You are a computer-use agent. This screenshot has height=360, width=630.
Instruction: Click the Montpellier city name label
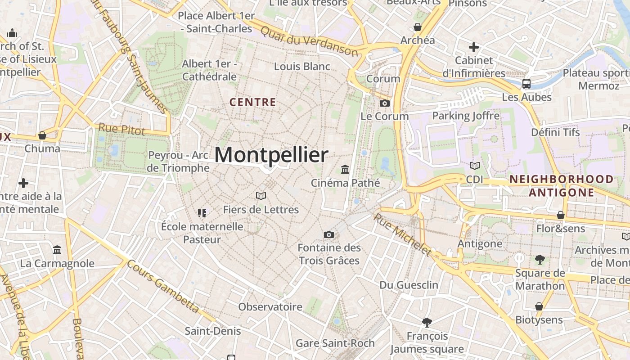pyautogui.click(x=271, y=155)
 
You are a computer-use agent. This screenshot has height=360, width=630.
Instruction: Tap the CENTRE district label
pyautogui.click(x=253, y=102)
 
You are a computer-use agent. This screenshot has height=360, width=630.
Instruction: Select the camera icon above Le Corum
pyautogui.click(x=384, y=103)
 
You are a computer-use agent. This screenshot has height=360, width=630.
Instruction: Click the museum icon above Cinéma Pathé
pyautogui.click(x=345, y=170)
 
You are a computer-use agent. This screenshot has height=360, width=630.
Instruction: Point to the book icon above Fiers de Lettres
pyautogui.click(x=261, y=196)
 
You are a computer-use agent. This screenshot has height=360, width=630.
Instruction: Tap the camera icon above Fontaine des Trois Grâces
pyautogui.click(x=329, y=234)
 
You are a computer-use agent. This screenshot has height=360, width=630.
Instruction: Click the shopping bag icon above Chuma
pyautogui.click(x=42, y=135)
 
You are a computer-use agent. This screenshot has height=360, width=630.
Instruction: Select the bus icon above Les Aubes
pyautogui.click(x=526, y=84)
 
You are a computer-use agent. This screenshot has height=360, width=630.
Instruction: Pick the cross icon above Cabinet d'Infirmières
pyautogui.click(x=473, y=47)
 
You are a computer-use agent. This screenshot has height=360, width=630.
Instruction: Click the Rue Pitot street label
pyautogui.click(x=121, y=130)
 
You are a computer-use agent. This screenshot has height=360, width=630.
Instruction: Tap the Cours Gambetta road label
pyautogui.click(x=163, y=286)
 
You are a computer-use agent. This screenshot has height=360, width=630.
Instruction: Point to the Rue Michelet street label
pyautogui.click(x=402, y=234)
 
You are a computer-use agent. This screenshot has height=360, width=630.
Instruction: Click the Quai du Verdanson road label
pyautogui.click(x=310, y=41)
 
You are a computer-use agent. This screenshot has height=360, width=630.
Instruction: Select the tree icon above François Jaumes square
pyautogui.click(x=427, y=322)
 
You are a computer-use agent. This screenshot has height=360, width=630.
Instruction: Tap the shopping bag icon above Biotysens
pyautogui.click(x=539, y=306)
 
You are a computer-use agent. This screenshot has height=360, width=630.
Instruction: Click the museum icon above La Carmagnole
pyautogui.click(x=57, y=250)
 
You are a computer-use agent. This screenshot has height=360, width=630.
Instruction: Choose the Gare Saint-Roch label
pyautogui.click(x=335, y=343)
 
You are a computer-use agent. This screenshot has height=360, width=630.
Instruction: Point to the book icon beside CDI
pyautogui.click(x=474, y=166)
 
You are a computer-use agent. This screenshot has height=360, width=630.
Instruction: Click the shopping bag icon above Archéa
pyautogui.click(x=417, y=27)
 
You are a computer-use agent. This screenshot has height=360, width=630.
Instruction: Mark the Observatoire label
pyautogui.click(x=270, y=307)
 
